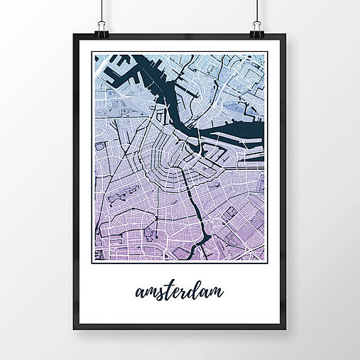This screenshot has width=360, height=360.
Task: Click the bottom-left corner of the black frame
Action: point(74,328)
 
